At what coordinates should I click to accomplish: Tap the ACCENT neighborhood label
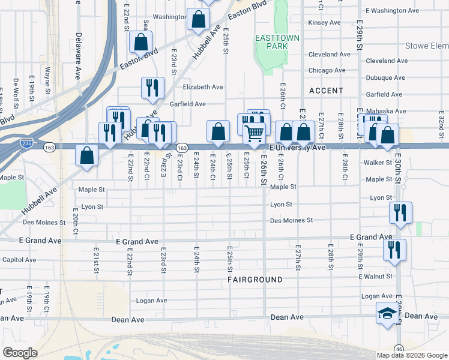click(x=326, y=91)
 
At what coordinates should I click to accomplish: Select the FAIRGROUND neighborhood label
click(x=255, y=280)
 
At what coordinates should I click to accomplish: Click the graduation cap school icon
click(x=387, y=313)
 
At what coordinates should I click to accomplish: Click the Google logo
click(x=20, y=352)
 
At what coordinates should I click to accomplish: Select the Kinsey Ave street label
click(x=324, y=23)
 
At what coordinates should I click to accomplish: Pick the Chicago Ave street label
click(x=327, y=70)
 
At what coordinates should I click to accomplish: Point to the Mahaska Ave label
click(x=384, y=111)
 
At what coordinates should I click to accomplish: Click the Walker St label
click(x=378, y=163)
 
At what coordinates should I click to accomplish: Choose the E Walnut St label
click(x=375, y=277)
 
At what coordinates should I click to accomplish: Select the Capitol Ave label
click(x=19, y=260)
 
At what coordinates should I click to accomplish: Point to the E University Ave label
click(x=297, y=148)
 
